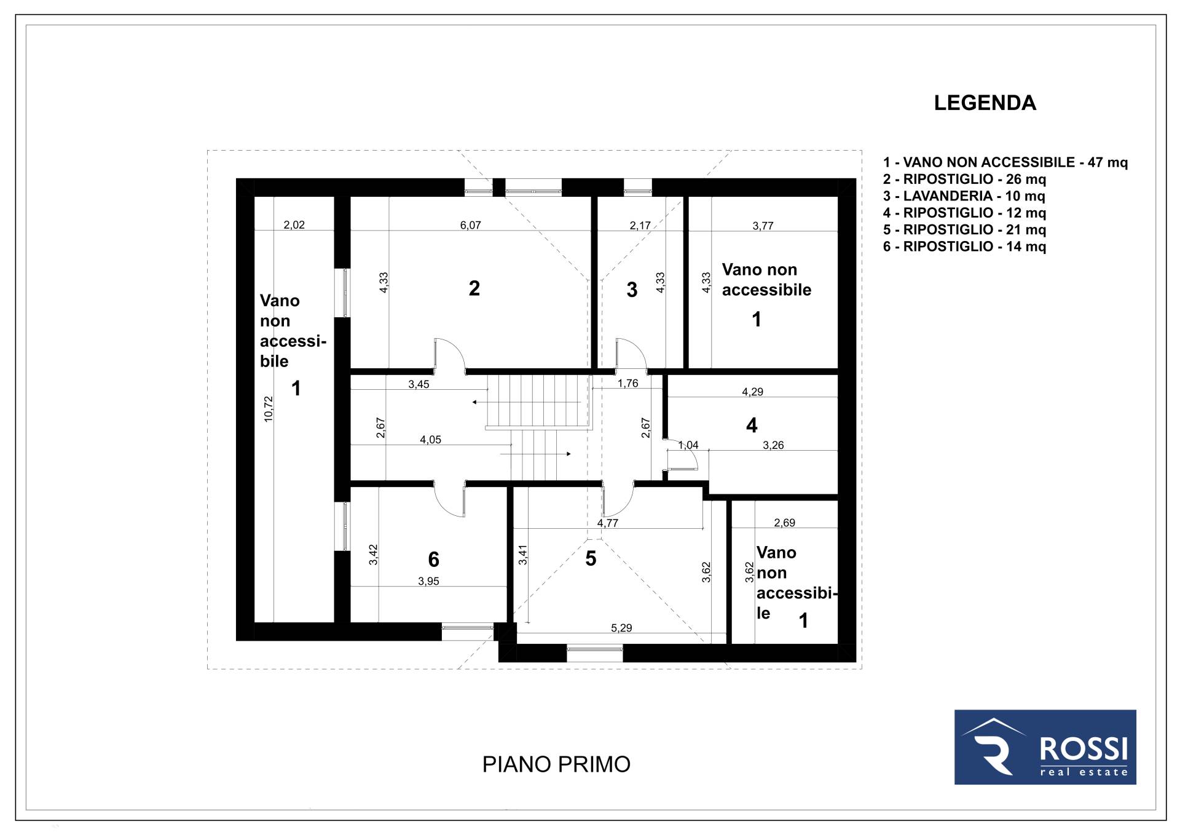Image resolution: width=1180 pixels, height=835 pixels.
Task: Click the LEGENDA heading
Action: (985, 103)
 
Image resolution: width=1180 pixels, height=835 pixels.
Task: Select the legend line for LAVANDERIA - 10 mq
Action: (964, 196)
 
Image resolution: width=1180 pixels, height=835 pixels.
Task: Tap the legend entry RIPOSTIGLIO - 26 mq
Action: (964, 180)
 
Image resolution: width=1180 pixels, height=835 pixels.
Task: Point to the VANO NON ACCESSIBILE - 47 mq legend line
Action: (1005, 162)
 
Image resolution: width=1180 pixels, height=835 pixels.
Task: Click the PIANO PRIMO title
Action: (556, 764)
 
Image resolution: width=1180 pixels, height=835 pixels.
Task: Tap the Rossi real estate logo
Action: (1045, 747)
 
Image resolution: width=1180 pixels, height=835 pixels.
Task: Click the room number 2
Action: (474, 288)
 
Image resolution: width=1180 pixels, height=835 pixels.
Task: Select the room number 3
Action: (632, 290)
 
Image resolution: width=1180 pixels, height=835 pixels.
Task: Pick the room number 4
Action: (752, 425)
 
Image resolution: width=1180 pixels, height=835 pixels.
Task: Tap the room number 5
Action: (591, 558)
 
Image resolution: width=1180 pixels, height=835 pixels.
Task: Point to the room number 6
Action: (433, 559)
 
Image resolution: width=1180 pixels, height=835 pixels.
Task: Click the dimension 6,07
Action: (471, 225)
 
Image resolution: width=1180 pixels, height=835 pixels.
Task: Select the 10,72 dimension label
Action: (268, 408)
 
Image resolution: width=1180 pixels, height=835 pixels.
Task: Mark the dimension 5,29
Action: (621, 628)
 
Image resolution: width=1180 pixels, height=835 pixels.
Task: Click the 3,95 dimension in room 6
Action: (428, 581)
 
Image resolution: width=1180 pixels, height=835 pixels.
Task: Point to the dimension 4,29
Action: (753, 392)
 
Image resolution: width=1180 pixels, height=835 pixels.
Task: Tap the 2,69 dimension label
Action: (785, 523)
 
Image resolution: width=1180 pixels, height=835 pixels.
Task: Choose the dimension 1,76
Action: (628, 383)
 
